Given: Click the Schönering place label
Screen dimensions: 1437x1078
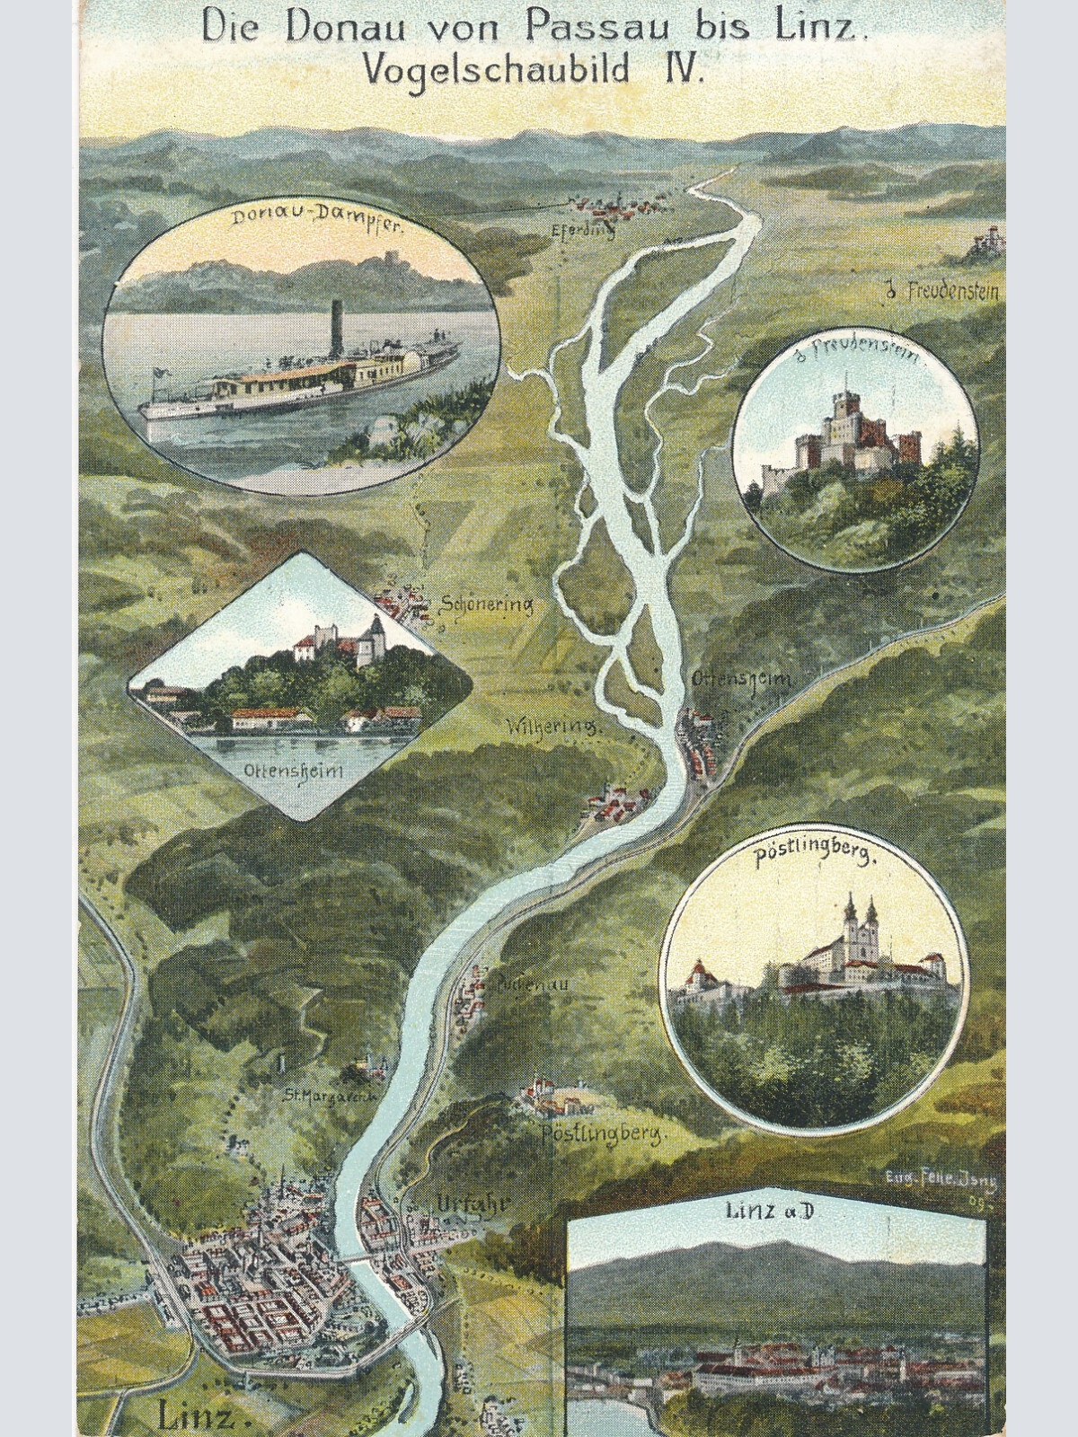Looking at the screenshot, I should pyautogui.click(x=487, y=604).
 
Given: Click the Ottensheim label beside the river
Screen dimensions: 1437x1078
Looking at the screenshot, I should pyautogui.click(x=741, y=680).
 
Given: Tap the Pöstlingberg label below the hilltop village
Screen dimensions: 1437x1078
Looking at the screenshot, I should pyautogui.click(x=604, y=1133).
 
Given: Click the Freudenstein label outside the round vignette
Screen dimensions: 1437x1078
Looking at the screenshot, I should pyautogui.click(x=942, y=290).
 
